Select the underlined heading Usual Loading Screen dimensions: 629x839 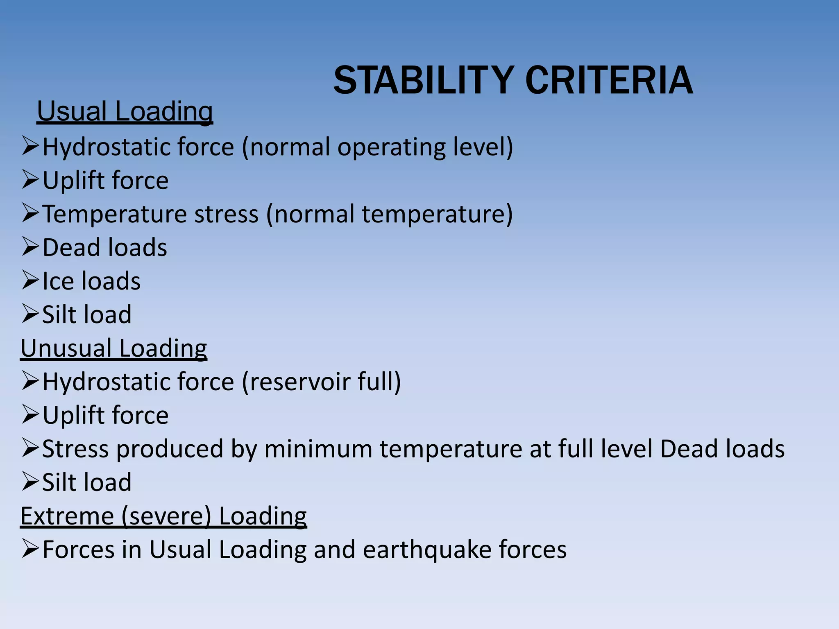coord(125,111)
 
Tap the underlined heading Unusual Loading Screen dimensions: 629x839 coord(113,348)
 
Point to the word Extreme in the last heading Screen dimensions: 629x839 coord(67,516)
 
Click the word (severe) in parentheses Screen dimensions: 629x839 coord(166,516)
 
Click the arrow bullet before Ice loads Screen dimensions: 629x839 coord(30,281)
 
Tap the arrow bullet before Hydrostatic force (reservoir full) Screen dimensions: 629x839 coord(30,381)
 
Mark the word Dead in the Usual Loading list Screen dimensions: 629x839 coord(72,248)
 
